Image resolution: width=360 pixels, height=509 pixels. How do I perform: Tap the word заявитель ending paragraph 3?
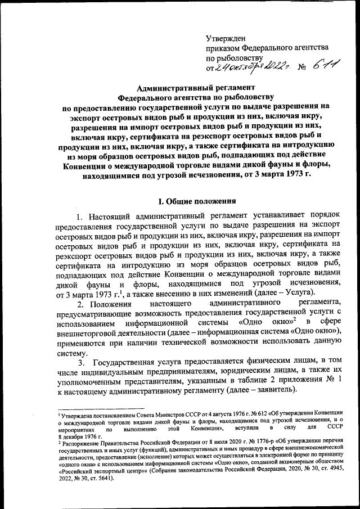[280, 397]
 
